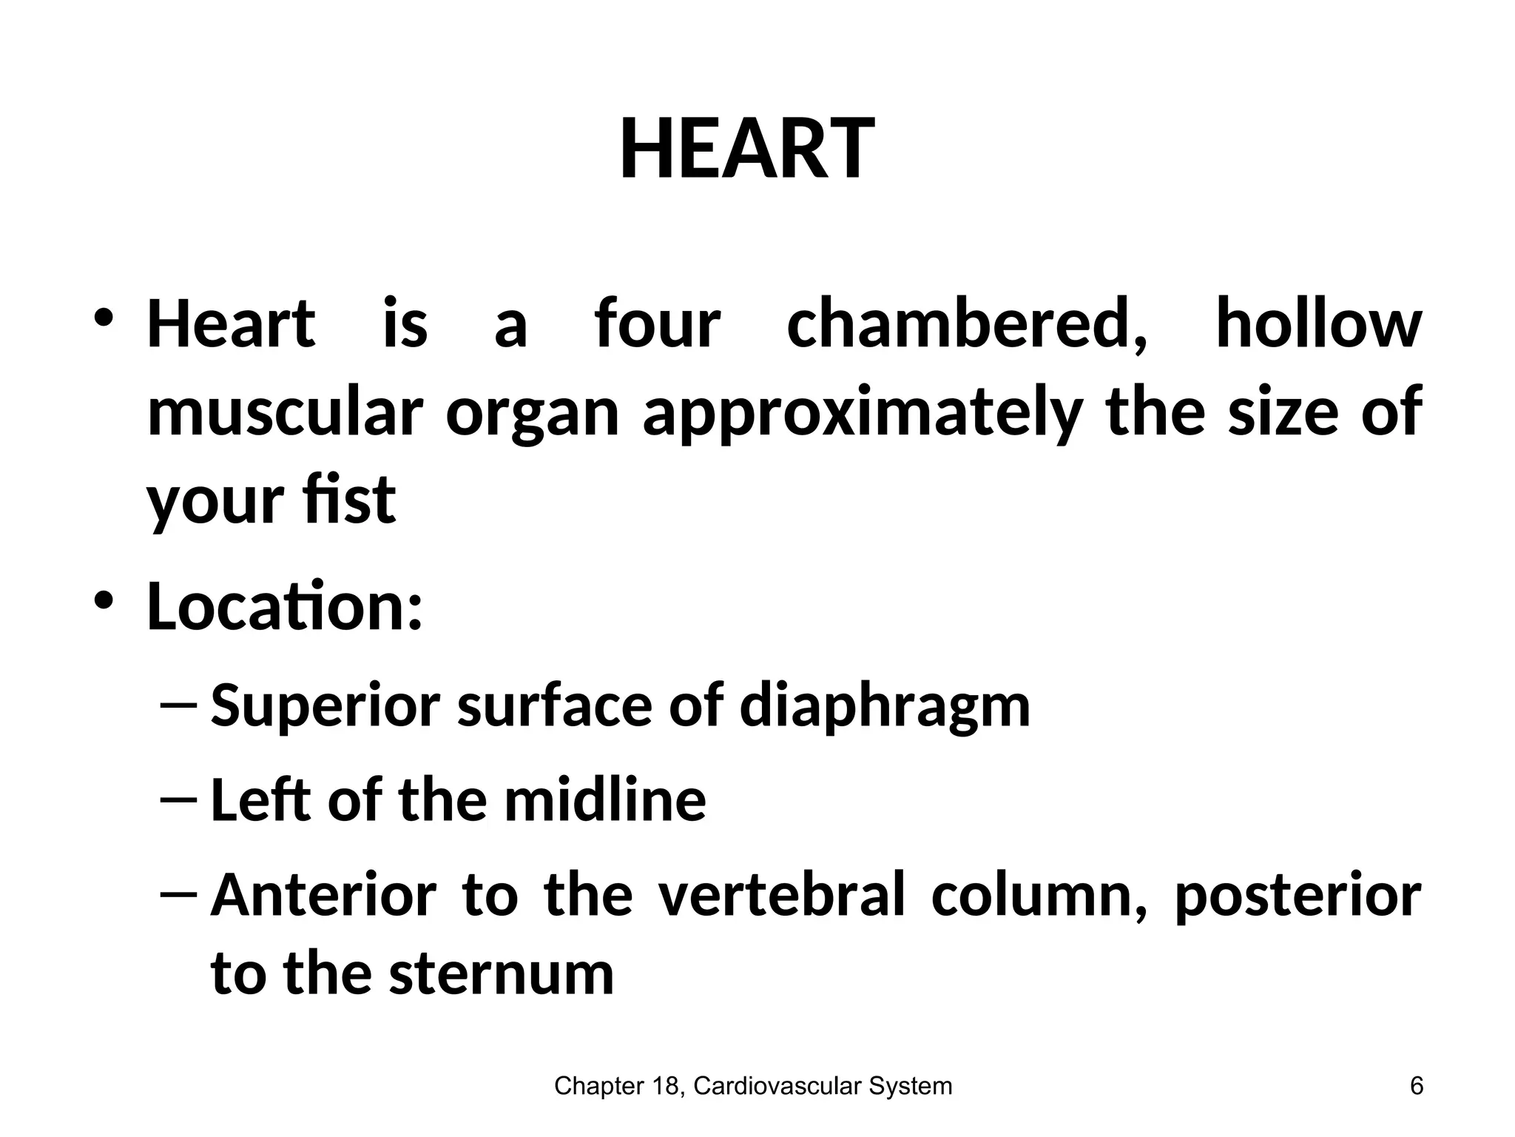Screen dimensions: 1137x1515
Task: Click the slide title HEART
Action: pyautogui.click(x=747, y=149)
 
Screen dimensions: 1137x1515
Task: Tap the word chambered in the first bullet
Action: pyautogui.click(x=967, y=323)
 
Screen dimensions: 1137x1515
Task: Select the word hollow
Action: pyautogui.click(x=1319, y=323)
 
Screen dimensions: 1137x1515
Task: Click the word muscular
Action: pyautogui.click(x=286, y=412)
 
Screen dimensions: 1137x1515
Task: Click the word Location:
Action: pyautogui.click(x=285, y=606)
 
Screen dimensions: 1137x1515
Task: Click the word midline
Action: pyautogui.click(x=605, y=799)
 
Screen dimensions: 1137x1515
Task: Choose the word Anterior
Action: pyautogui.click(x=324, y=895)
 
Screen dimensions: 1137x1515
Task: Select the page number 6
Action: pyautogui.click(x=1417, y=1086)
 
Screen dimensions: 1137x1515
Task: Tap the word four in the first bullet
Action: pyautogui.click(x=657, y=323)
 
